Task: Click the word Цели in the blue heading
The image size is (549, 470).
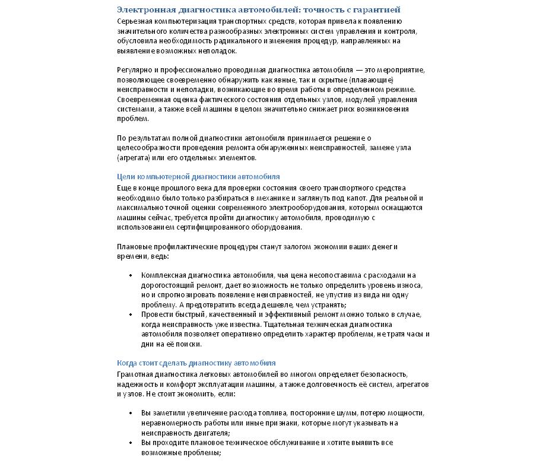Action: [126, 177]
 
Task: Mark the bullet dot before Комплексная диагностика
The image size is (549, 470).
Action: [131, 275]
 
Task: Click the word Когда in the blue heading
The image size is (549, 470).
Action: [127, 363]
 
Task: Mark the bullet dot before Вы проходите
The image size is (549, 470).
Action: [131, 443]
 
